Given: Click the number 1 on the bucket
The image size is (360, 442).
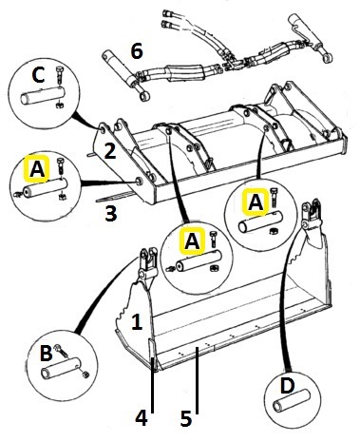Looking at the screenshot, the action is coord(137,322).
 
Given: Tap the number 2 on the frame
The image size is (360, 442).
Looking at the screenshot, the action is coord(110,151).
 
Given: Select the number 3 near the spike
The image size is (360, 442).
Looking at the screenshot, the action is coord(110,213).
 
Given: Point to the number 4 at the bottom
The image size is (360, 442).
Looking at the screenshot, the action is coord(142,418).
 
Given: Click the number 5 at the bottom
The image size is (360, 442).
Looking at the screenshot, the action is coord(186,418).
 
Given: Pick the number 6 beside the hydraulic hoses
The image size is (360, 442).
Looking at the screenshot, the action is coord(137,51).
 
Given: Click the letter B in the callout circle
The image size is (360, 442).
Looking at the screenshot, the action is coord(47,353).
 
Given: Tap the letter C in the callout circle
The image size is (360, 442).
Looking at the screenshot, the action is coord(39,75).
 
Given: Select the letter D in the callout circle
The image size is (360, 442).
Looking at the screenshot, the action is coord(287,386).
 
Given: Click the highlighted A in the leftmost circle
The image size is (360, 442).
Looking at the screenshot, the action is coord(37,169).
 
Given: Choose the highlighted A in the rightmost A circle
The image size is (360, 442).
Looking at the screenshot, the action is coord(256,202).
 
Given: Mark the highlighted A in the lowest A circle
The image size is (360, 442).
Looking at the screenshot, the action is coord(192,241).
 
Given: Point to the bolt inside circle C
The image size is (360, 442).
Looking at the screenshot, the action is coord(59,76).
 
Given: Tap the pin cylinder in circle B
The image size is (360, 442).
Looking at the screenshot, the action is coord(59,369).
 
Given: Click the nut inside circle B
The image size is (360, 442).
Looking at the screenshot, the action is coord(85,375).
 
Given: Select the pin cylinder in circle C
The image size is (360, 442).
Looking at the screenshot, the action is coord(43,94).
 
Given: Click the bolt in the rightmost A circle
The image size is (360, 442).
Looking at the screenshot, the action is coord(275,197).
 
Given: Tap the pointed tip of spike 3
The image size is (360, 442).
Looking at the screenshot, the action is coord(97,201).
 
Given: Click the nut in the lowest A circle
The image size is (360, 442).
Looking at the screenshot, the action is coord(215,268).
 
